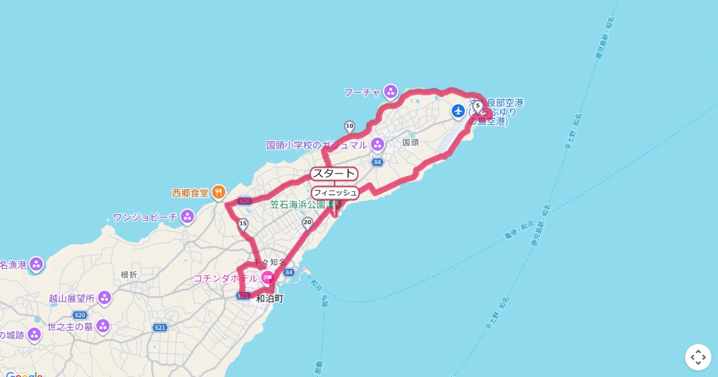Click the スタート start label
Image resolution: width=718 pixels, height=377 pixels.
coord(334,174)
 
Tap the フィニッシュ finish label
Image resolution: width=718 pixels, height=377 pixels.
coord(335,193)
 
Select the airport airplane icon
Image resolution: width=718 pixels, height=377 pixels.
coord(458,111)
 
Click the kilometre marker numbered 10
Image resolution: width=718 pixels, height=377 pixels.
coord(349,126)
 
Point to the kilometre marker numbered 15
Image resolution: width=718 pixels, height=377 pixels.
coord(242,224)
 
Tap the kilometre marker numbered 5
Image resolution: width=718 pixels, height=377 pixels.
coord(477,106)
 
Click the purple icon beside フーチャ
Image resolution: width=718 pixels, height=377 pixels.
coord(391,92)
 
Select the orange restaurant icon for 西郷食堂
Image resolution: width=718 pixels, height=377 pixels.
coord(218,193)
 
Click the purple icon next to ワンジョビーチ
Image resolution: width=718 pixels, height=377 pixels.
coord(188,216)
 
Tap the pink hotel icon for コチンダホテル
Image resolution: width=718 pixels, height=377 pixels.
coord(267,278)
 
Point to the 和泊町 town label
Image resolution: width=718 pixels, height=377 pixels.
coord(269,299)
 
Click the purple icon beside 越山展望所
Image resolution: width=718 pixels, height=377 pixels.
coord(105,297)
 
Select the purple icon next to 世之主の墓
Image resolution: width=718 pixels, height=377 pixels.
coord(103,326)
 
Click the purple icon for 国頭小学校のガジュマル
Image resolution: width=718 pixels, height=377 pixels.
coord(378,144)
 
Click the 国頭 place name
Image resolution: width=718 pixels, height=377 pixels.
coord(410,142)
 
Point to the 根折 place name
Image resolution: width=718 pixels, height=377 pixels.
coord(129,275)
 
